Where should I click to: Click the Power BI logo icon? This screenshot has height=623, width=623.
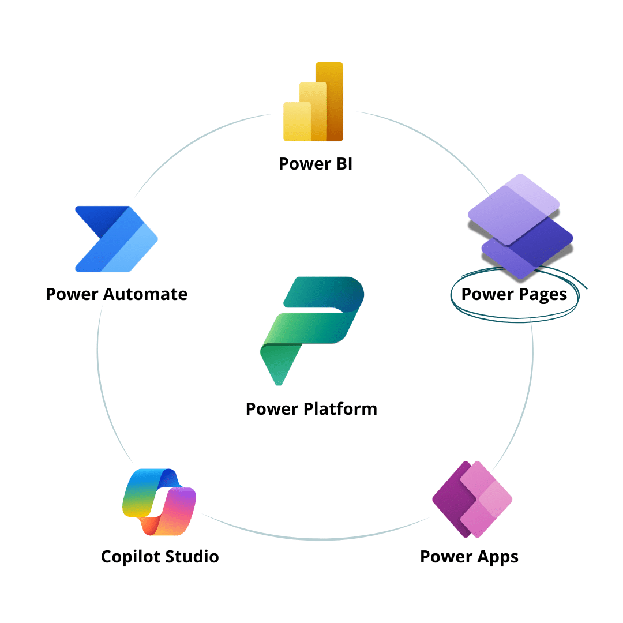point(313,103)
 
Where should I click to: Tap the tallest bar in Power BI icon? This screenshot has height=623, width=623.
point(329,101)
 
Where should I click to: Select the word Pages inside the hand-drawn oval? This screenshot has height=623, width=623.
point(542,295)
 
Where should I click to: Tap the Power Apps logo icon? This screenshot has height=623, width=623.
point(472,499)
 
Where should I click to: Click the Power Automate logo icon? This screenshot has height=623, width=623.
point(116,238)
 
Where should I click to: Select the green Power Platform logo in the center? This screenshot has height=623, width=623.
point(312,329)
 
